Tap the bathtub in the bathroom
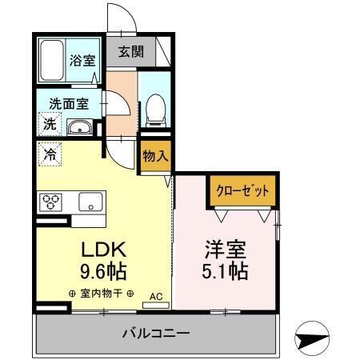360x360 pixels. (53, 59)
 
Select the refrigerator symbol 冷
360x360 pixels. (50, 154)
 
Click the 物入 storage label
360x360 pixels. (154, 157)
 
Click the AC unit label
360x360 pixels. (155, 296)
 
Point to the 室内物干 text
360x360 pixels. (102, 293)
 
